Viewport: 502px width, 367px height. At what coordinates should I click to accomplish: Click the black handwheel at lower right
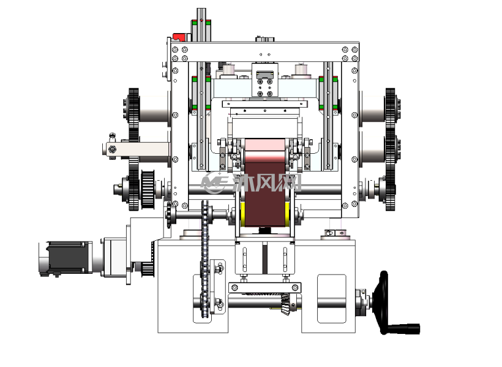[x=384, y=302]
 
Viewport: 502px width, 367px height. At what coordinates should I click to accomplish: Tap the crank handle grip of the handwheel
[x=403, y=329]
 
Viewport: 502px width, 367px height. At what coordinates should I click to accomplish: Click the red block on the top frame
[x=179, y=37]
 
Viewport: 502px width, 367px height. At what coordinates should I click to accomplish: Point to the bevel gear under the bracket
[x=285, y=304]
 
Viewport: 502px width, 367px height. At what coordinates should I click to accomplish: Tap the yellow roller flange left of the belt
[x=242, y=214]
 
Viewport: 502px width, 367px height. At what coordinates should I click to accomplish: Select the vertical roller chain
[x=205, y=259]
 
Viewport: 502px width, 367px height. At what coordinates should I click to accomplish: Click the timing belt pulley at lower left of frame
[x=148, y=189]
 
